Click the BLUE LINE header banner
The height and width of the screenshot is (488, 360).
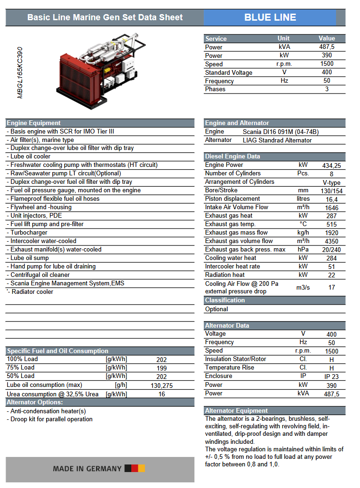270,17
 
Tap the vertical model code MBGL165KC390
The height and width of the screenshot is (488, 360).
20,72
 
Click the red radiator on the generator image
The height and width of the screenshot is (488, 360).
73,78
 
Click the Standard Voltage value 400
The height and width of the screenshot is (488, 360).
327,72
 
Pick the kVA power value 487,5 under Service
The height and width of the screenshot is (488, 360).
327,47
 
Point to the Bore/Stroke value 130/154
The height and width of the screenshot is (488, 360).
331,191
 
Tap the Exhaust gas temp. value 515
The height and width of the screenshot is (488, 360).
331,225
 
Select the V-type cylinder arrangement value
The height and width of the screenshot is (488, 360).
331,182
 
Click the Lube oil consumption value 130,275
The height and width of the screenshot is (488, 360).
161,386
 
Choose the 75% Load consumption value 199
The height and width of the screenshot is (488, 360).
161,368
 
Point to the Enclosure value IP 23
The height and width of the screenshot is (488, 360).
331,377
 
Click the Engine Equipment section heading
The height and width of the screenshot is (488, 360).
34,123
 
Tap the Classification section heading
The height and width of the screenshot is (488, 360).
225,300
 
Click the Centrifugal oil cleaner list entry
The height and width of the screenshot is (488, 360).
40,275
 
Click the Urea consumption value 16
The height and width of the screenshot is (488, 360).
161,394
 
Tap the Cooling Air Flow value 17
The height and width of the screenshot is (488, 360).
331,287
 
